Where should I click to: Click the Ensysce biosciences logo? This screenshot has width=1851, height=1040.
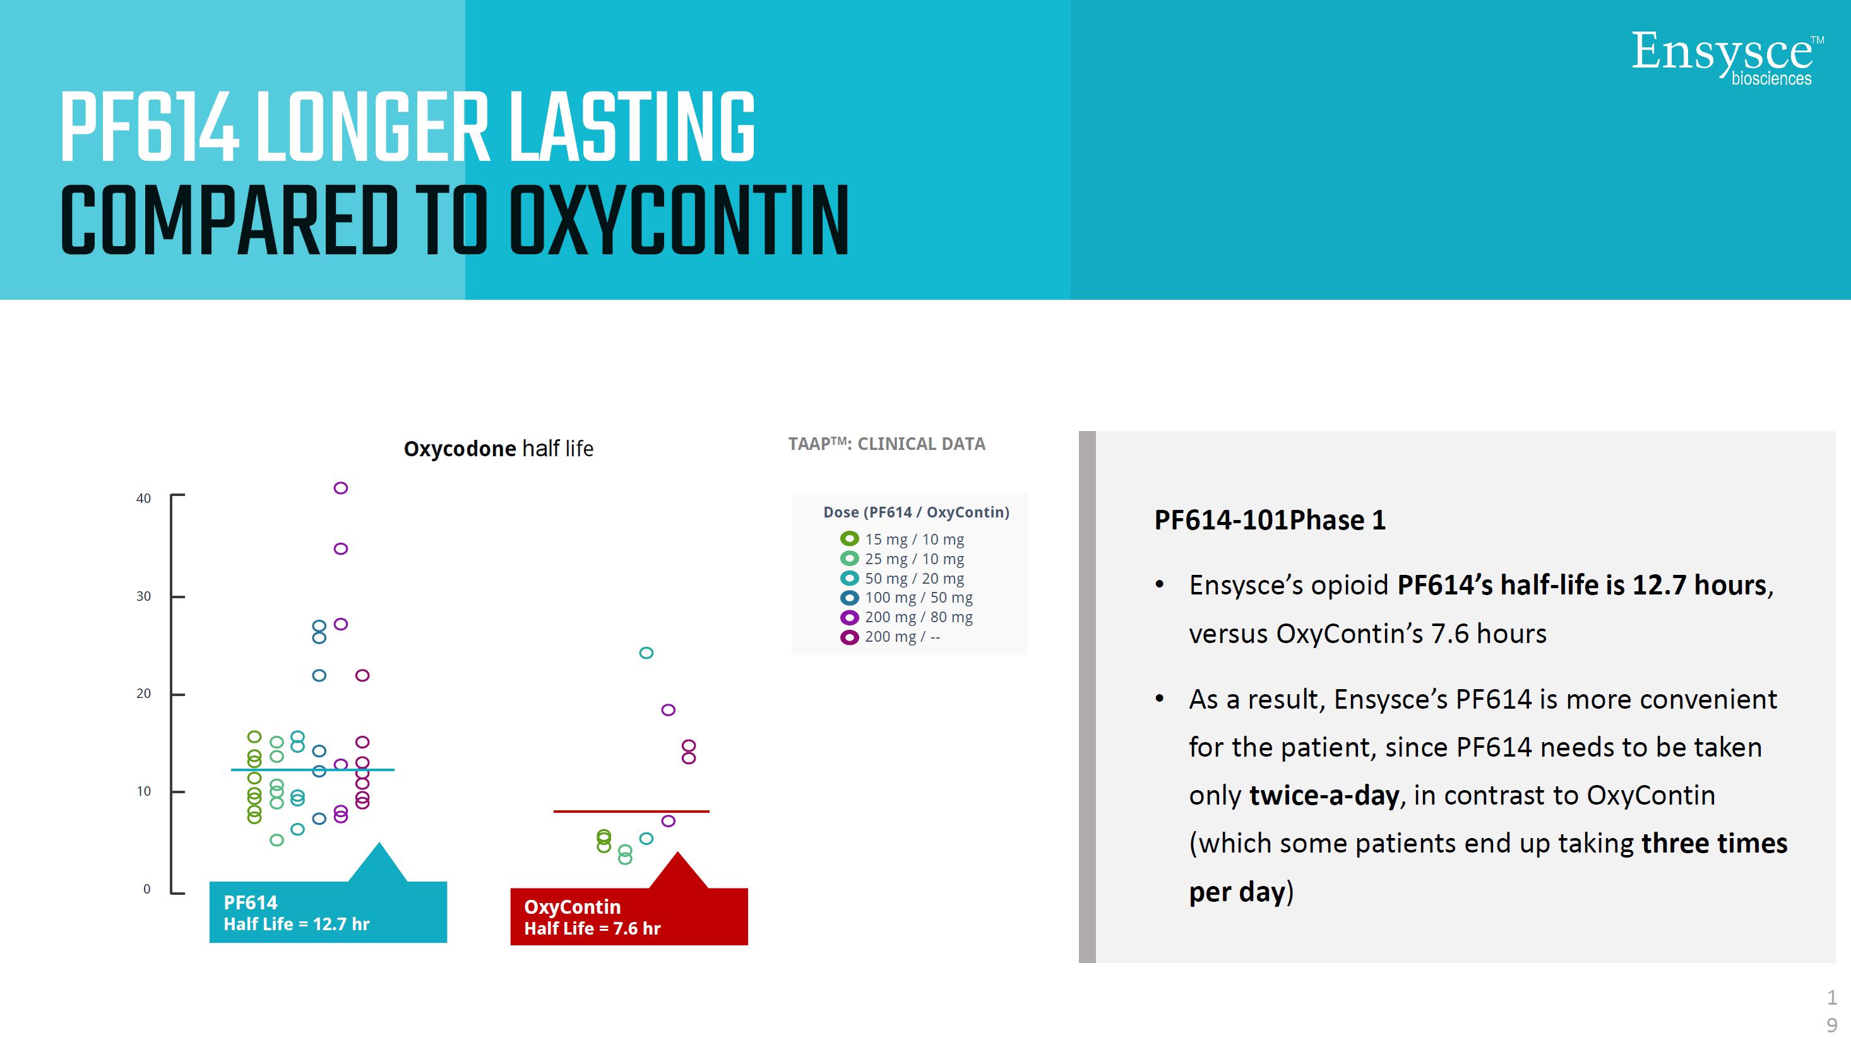1727,57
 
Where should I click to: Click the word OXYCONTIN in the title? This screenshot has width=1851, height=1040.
679,220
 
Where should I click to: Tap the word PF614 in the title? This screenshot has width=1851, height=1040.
150,128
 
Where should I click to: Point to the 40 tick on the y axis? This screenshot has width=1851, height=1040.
177,495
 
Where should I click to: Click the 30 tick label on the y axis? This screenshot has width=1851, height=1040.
144,596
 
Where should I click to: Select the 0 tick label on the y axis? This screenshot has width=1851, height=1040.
146,889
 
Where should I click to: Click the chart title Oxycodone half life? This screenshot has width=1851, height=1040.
498,449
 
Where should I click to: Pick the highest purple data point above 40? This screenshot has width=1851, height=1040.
341,488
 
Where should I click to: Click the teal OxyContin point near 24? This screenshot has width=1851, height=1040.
646,653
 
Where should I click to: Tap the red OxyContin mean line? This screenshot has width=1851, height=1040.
631,812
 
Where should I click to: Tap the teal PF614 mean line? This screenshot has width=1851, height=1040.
312,770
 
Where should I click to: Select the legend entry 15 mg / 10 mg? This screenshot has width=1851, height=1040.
903,539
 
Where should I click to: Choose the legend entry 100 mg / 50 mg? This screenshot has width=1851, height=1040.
907,598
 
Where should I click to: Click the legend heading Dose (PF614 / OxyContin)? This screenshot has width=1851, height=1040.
916,512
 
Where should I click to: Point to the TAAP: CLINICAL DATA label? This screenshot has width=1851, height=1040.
887,444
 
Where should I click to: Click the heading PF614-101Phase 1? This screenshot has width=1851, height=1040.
1270,520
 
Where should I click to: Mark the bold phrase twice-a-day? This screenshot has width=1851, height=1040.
1324,796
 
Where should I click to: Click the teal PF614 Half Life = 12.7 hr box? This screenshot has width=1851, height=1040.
328,911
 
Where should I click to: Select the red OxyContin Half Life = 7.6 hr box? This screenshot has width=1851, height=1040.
629,916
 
